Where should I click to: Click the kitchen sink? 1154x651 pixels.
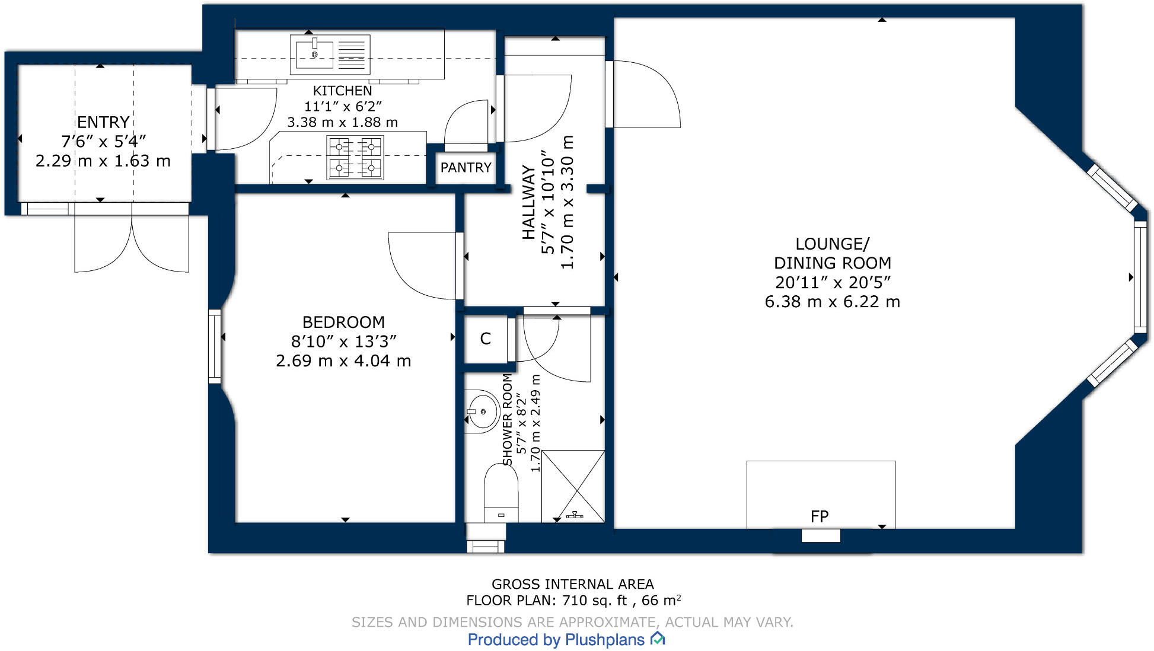point(330,55)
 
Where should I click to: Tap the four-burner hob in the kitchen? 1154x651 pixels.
point(355,158)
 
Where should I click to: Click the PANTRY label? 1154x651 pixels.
point(466,168)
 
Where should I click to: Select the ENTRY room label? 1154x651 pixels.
point(103,122)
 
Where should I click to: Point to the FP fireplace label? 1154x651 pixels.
point(819,516)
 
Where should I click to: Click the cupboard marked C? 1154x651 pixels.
point(486,339)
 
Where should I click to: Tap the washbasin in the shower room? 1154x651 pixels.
point(482,410)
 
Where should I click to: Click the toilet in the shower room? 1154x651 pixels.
point(501,493)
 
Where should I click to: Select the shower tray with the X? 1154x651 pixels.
point(573,486)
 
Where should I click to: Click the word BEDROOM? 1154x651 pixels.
point(343,322)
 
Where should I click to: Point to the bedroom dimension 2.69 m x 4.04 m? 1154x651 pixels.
point(343,360)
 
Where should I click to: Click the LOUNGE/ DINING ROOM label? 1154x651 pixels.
point(833,253)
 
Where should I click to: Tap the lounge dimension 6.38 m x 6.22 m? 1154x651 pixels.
point(833,302)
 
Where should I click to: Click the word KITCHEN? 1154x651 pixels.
point(343,91)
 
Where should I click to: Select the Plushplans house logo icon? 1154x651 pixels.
point(658,639)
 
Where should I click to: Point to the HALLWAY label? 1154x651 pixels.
point(528,203)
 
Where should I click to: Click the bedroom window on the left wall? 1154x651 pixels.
point(215,346)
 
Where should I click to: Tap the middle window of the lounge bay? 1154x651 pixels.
point(1140,277)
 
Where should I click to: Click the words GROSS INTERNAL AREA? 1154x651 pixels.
point(573,584)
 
